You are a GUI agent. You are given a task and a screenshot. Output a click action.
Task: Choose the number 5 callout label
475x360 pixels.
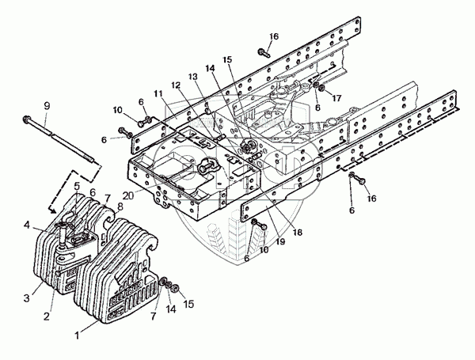(76, 187)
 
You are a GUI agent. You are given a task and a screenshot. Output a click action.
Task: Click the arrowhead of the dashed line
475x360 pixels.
(53, 210)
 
